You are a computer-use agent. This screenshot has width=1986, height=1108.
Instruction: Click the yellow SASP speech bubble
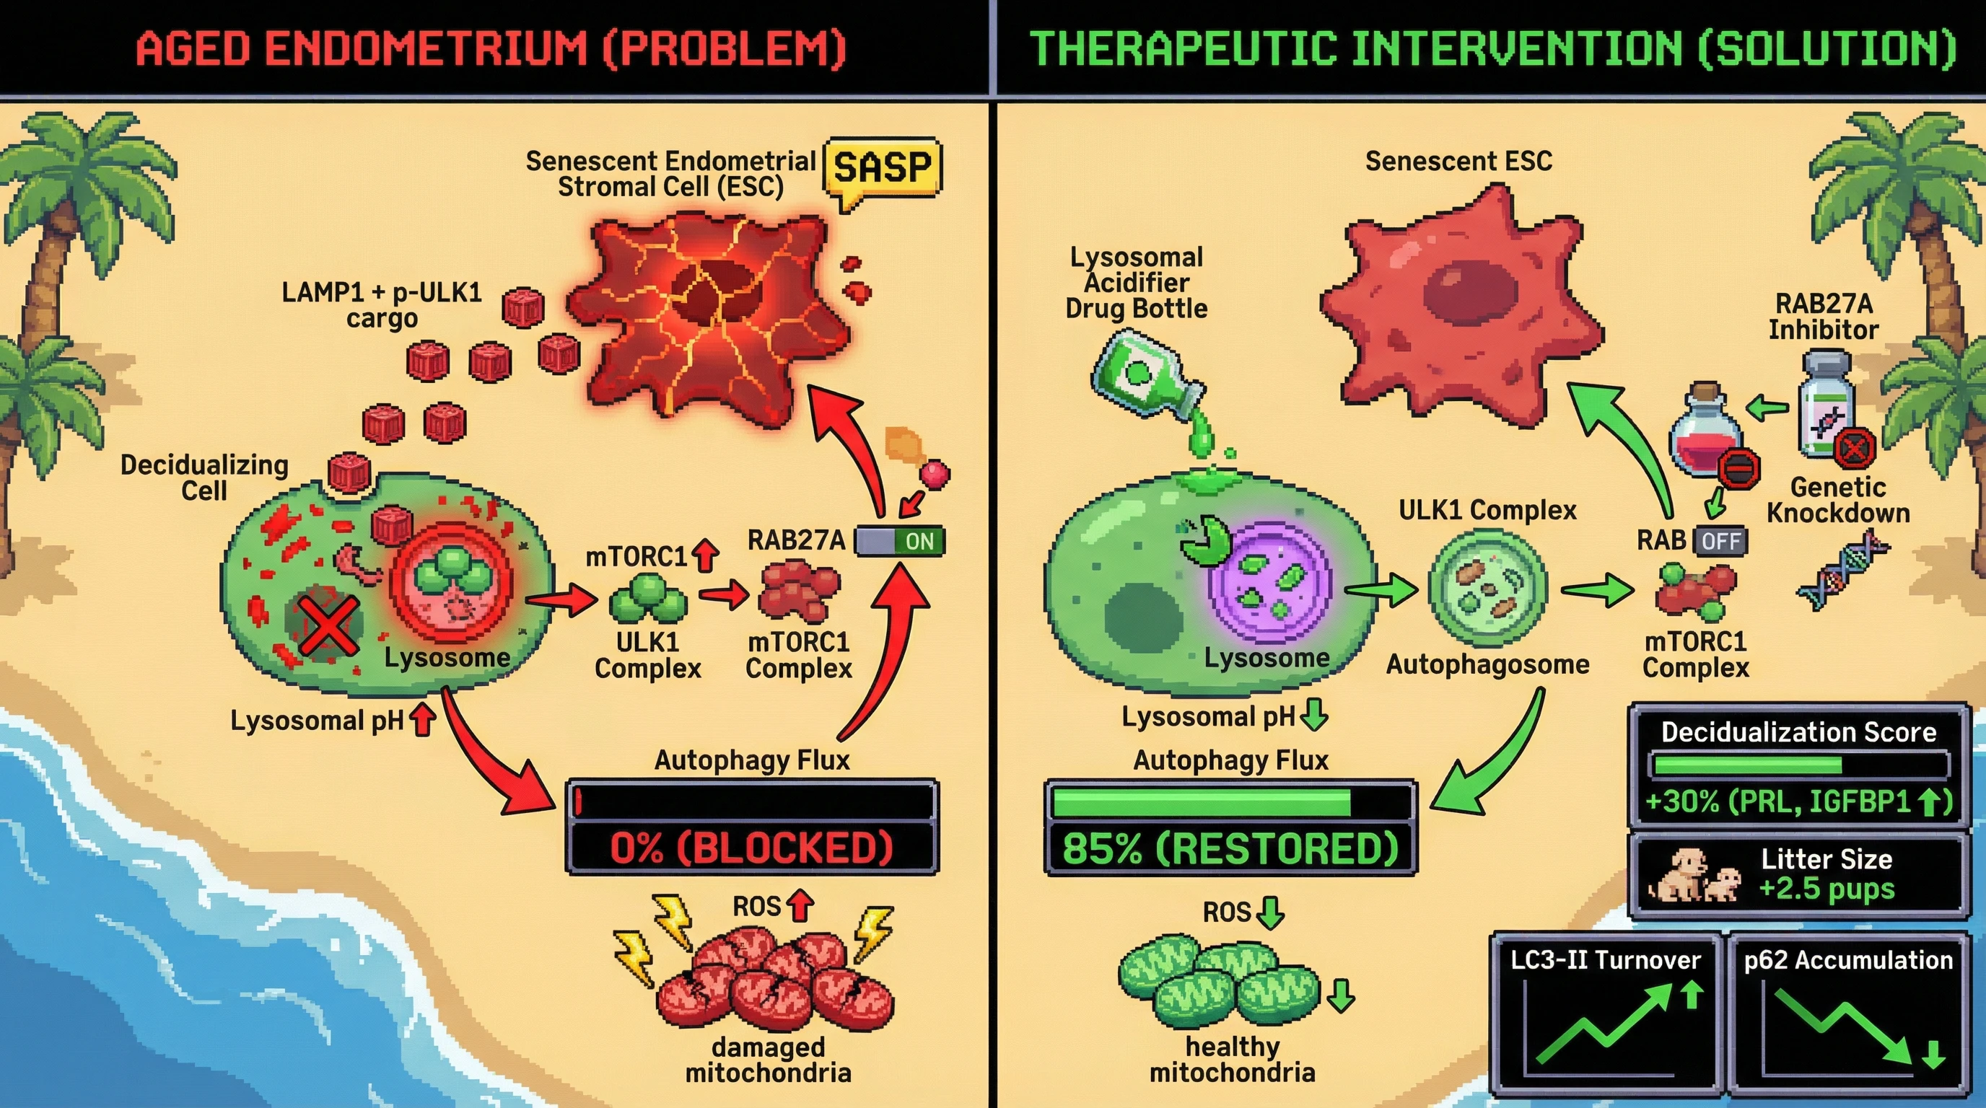(x=882, y=168)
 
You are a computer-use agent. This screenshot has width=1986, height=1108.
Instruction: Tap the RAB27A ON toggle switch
(x=900, y=541)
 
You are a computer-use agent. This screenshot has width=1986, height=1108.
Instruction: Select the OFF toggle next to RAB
(x=1720, y=541)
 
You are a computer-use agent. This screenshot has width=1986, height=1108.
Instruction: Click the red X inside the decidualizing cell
(x=327, y=625)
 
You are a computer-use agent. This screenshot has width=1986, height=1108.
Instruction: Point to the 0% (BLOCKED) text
(x=752, y=848)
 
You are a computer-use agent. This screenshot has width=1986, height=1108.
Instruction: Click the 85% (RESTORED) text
(x=1230, y=848)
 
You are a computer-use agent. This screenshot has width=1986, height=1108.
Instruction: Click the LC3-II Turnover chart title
(x=1605, y=960)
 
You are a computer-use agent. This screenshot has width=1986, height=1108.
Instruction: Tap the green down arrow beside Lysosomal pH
(x=1313, y=716)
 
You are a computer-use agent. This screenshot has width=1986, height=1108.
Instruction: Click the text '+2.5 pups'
(x=1827, y=889)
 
